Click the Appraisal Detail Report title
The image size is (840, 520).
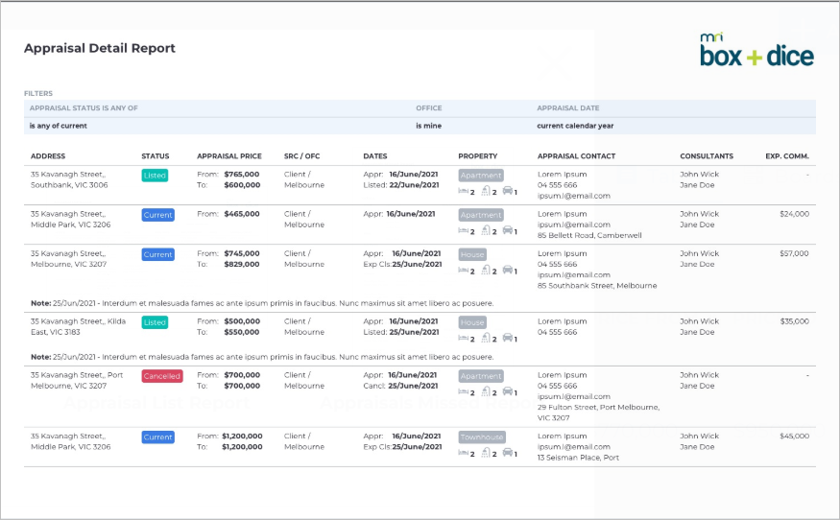pos(100,48)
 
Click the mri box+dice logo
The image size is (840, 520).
pos(756,50)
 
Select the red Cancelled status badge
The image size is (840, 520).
pos(162,376)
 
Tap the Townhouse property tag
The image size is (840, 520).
pos(482,437)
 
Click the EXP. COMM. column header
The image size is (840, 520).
pos(787,156)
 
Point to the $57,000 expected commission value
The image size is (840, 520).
pos(794,253)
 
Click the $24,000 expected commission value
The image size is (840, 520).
pos(795,214)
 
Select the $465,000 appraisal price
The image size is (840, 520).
pos(242,214)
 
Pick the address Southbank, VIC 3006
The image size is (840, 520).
pos(69,185)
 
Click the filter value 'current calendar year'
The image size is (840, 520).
pos(575,126)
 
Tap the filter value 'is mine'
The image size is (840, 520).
pos(428,126)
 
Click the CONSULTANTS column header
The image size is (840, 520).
pos(707,156)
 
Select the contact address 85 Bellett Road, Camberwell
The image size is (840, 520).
pos(589,235)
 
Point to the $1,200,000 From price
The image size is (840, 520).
pos(242,436)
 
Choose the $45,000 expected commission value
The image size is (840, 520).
pos(795,436)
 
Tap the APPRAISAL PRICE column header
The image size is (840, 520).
pos(229,156)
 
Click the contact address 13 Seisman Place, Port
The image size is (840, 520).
pos(578,458)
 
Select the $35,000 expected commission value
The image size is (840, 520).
pos(795,321)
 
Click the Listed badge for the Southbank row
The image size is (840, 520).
pos(155,176)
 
